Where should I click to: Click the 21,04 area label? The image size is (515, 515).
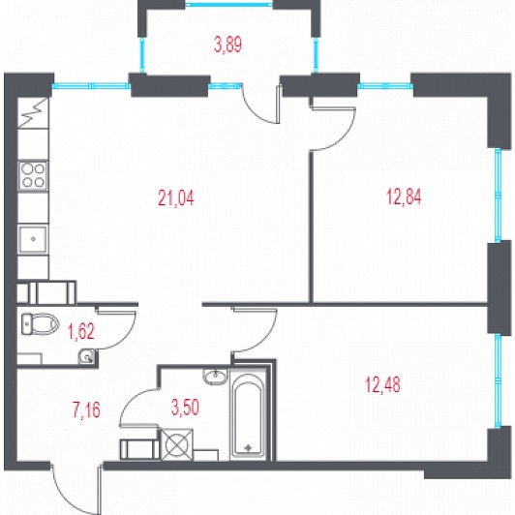click(176, 198)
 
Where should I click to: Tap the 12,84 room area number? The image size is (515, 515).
click(404, 197)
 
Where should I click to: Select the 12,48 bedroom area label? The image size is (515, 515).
click(382, 384)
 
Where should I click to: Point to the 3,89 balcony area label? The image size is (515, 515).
click(227, 45)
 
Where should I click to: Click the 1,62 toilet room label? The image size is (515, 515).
click(81, 331)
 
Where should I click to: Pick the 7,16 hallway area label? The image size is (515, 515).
click(86, 410)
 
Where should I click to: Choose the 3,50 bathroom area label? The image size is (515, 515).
click(185, 408)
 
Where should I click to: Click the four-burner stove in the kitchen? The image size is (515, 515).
click(33, 176)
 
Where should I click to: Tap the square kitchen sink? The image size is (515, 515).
click(33, 239)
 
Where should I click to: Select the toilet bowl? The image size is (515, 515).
click(40, 324)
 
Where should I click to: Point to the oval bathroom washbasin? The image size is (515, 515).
click(215, 376)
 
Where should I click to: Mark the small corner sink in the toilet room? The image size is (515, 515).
click(87, 356)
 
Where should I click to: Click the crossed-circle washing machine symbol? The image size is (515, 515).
click(176, 444)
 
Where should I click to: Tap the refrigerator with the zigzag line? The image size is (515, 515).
click(33, 112)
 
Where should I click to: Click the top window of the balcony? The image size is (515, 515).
click(228, 5)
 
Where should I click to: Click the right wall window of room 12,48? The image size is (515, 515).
click(498, 381)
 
